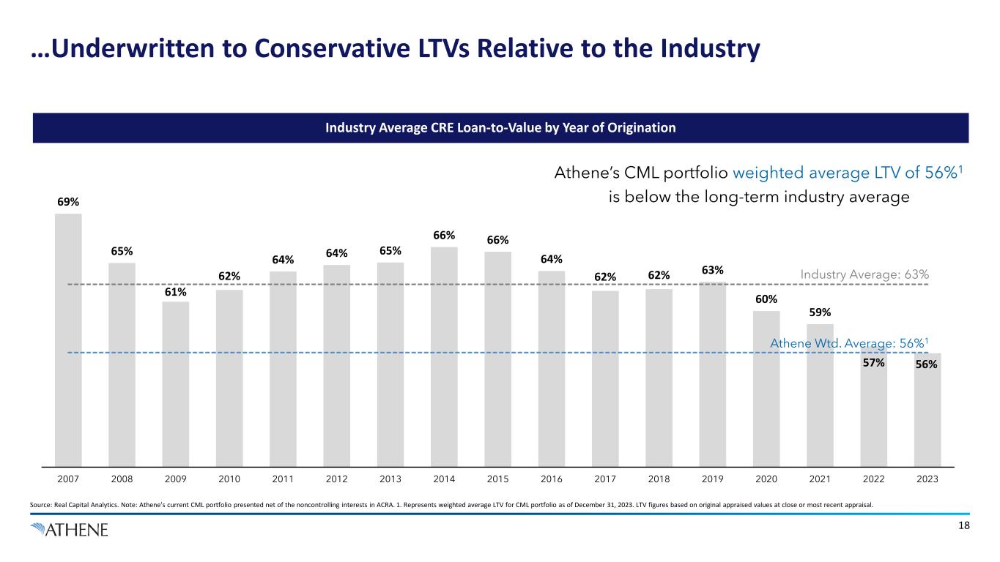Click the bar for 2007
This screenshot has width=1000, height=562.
pos(68,340)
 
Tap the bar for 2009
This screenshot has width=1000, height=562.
pos(176,383)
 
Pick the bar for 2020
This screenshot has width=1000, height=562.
pos(766,389)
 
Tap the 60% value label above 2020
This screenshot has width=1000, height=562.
pos(766,299)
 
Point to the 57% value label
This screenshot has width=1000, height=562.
pos(873,362)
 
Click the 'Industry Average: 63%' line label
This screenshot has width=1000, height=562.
pos(864,274)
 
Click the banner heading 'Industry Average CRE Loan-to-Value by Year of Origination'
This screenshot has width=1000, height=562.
pos(500,128)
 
